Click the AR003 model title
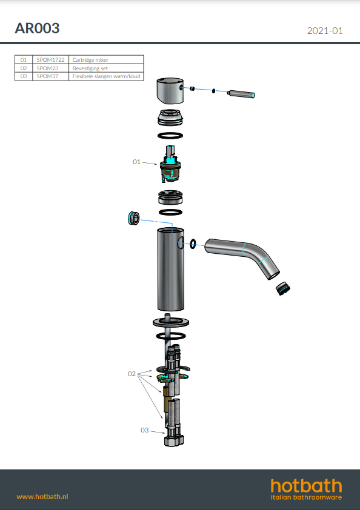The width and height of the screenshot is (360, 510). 37,28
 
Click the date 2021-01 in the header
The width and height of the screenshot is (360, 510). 325,30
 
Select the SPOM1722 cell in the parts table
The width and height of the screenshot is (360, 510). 50,60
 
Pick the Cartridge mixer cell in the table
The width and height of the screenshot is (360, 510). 106,60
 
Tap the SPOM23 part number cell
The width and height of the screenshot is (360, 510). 50,68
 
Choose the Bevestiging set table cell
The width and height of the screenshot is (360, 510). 106,68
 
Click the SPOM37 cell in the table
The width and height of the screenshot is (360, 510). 50,76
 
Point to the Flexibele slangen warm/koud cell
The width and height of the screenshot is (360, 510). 106,76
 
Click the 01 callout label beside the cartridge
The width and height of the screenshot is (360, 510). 136,162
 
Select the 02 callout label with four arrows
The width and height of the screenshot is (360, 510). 132,374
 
